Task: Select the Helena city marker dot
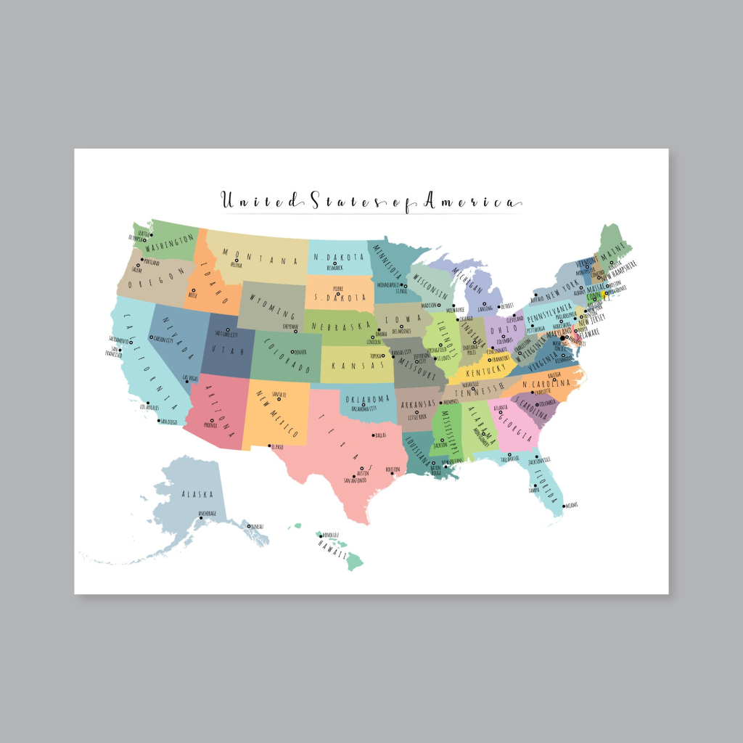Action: [x=237, y=260]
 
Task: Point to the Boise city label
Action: [x=193, y=296]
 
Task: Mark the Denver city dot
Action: [x=293, y=352]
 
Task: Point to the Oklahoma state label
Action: [x=369, y=399]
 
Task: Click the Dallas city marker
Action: [x=373, y=435]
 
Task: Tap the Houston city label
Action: [x=393, y=469]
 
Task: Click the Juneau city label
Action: [x=255, y=526]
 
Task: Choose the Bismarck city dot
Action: [x=334, y=263]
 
